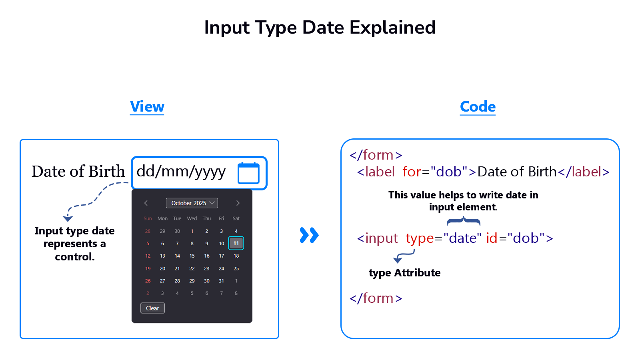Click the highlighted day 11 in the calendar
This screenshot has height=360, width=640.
point(236,243)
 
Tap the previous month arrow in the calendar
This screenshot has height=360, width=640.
point(146,203)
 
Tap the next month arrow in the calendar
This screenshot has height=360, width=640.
point(238,203)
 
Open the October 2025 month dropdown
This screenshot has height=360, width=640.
point(192,203)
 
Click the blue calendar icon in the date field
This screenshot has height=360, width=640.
point(248,173)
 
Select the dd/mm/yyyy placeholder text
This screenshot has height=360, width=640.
point(181,172)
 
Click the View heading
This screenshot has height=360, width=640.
point(147,106)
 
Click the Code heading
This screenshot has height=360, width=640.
point(478,106)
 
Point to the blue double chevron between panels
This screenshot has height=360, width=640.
point(309,235)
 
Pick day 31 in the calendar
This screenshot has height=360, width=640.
point(222,281)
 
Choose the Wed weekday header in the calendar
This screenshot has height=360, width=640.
point(192,218)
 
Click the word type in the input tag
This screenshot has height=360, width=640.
point(420,239)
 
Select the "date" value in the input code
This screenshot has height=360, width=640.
point(462,238)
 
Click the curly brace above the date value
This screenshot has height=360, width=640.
point(464,221)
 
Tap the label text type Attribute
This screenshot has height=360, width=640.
point(404,273)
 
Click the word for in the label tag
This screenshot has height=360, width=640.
point(412,172)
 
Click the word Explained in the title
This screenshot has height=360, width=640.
point(392,28)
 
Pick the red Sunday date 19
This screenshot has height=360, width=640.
point(148,268)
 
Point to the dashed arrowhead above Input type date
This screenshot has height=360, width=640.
point(68,218)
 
